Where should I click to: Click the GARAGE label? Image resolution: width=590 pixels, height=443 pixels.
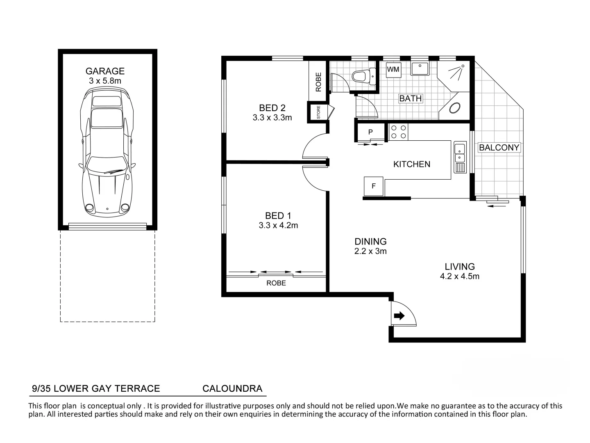105,71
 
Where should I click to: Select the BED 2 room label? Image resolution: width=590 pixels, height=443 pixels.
272,108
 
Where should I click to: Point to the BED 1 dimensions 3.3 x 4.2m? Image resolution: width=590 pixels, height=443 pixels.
278,225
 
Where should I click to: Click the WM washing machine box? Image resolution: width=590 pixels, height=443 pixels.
393,69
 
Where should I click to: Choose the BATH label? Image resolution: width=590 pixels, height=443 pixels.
410,98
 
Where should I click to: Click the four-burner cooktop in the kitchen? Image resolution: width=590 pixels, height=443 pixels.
399,132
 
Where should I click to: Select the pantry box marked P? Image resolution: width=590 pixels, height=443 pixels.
370,132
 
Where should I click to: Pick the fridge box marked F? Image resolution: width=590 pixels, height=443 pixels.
373,186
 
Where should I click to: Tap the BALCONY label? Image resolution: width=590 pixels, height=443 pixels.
499,147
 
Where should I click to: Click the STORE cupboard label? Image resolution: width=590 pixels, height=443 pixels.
319,112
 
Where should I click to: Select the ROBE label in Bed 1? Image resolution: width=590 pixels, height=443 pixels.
276,283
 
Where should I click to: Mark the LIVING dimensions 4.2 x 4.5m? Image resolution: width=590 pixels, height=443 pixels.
459,276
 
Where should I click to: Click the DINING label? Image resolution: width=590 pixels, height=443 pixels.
370,242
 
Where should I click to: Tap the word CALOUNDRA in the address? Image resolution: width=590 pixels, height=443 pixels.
232,388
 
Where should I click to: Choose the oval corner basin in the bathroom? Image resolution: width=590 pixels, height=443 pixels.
455,108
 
